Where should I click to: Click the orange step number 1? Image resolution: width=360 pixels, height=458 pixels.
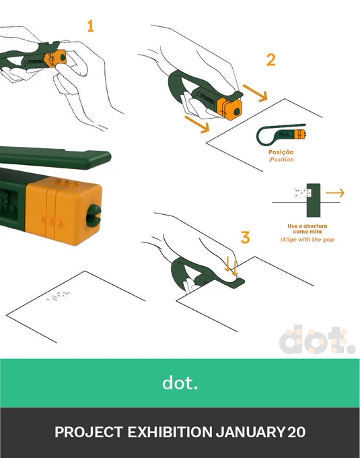coord(90,26)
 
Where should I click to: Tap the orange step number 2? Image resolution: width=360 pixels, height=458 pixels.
coord(271,60)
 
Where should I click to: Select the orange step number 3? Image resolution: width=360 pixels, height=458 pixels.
coord(246,237)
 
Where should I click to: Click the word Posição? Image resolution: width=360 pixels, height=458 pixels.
coord(281,152)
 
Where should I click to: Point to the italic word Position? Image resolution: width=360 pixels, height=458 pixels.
coord(282,160)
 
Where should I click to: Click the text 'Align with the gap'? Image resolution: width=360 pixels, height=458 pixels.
coord(308,240)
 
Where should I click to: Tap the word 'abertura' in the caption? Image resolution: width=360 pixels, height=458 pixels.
coord(315,226)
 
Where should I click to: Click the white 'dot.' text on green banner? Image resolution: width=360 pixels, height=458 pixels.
coord(180,383)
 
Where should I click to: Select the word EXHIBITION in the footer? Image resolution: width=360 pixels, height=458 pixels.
coord(170,432)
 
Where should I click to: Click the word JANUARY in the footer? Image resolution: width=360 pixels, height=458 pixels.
coord(250,432)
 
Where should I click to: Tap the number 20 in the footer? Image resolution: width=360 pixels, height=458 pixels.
coord(296,432)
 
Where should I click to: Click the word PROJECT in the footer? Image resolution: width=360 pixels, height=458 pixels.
coord(89,432)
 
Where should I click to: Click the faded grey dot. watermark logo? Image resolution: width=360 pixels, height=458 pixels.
coord(317,339)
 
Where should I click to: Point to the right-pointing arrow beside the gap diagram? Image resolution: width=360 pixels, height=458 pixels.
coord(335,193)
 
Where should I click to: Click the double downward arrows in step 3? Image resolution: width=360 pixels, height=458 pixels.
coord(231,267)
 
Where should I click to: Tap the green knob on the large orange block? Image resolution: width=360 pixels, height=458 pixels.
coord(94,216)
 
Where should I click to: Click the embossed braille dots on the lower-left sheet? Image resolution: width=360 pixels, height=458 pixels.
coord(59,296)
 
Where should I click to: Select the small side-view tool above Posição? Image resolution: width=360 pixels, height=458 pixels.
coord(281,135)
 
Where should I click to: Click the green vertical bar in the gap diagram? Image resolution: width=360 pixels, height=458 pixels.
coord(314,200)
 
